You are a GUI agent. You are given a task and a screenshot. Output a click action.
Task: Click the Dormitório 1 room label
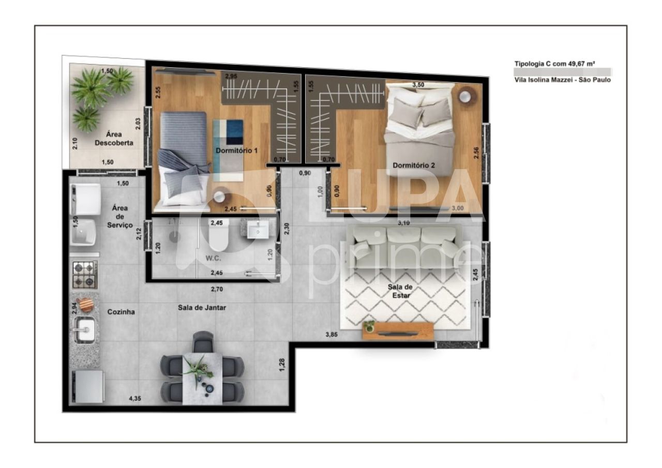pyautogui.click(x=236, y=150)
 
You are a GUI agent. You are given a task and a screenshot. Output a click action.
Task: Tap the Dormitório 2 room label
pyautogui.click(x=414, y=165)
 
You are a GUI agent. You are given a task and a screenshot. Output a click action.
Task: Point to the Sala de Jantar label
pyautogui.click(x=202, y=307)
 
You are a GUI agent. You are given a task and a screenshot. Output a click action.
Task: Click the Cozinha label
pyautogui.click(x=121, y=312)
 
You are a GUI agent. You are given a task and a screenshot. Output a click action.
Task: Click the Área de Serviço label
pyautogui.click(x=120, y=216)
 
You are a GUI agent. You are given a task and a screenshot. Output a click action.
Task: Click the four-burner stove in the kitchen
pyautogui.click(x=84, y=275)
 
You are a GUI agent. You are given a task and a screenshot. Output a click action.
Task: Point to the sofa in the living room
pyautogui.click(x=405, y=247)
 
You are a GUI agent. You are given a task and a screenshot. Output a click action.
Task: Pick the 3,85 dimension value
pyautogui.click(x=332, y=335)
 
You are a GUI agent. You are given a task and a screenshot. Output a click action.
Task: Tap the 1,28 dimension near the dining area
pyautogui.click(x=282, y=364)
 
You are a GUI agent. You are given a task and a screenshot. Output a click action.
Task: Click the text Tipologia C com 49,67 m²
pyautogui.click(x=554, y=64)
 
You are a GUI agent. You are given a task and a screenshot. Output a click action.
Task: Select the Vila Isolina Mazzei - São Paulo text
pyautogui.click(x=562, y=80)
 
